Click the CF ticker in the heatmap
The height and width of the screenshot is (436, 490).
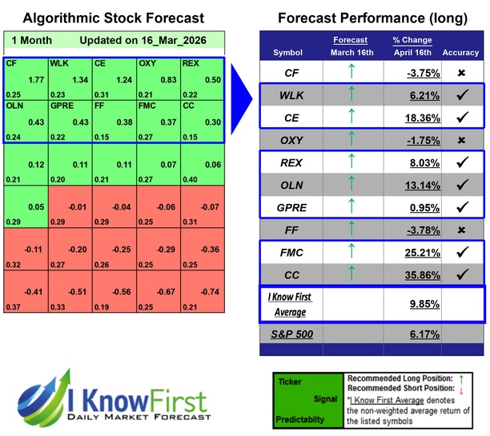(12, 62)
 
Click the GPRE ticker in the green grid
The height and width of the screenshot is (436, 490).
(62, 105)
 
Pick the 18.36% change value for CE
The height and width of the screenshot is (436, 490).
(416, 117)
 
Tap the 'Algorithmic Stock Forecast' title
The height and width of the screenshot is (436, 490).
(113, 18)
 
